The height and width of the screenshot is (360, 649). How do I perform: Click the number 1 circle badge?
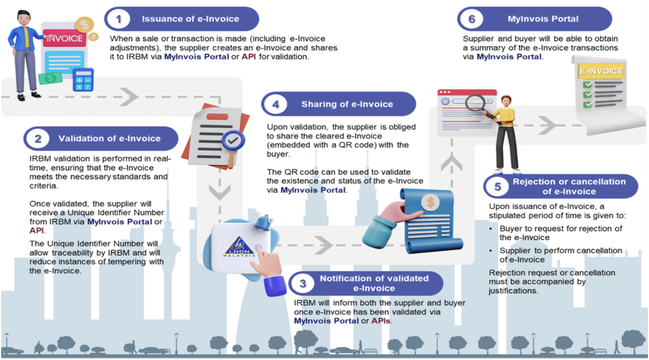pos(119,19)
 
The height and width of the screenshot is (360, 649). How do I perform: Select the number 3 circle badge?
pos(302,283)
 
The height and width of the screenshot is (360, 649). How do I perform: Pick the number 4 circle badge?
pos(276,105)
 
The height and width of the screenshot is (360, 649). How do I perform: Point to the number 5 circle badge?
pos(498,187)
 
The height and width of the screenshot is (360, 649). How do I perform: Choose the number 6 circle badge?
pos(471,19)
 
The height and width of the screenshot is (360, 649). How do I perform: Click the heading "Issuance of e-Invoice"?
pos(190,19)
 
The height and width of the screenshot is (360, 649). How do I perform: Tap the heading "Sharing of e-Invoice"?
pos(347,105)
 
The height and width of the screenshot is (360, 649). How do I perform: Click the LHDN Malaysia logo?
pos(239,246)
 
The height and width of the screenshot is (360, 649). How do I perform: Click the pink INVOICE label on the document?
pos(64,38)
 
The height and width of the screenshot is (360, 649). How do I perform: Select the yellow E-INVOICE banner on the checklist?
pos(601,71)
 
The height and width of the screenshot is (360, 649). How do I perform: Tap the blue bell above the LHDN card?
pos(263,220)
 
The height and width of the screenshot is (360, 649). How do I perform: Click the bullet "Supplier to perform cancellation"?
pos(560,251)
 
